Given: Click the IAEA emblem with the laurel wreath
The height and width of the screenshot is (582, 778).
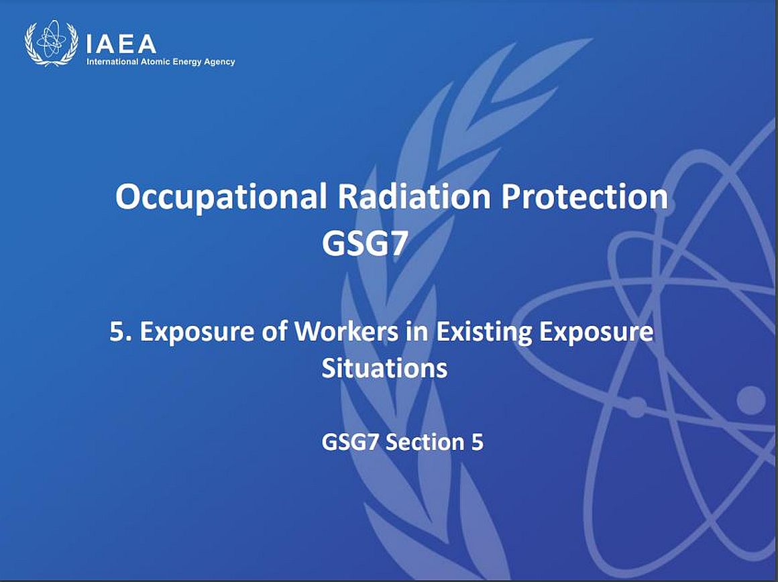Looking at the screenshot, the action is [x=51, y=43].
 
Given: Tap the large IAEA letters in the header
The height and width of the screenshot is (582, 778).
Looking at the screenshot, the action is [x=121, y=44].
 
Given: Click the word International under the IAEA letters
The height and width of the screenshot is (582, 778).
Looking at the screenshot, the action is [x=112, y=62].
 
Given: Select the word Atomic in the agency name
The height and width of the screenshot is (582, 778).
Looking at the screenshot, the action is [x=152, y=62].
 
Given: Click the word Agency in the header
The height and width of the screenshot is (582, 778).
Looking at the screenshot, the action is [x=215, y=62].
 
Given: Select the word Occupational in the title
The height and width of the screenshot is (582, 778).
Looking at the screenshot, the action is [x=221, y=197].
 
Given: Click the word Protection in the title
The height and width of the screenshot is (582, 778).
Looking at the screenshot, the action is [x=584, y=196].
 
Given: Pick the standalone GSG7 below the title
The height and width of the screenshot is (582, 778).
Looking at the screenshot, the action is [x=365, y=243].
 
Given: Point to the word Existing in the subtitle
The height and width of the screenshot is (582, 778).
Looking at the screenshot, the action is [x=484, y=333].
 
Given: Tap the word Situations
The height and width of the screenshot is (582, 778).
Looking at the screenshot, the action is [x=384, y=368].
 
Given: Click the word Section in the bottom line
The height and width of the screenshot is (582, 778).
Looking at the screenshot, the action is [x=425, y=442].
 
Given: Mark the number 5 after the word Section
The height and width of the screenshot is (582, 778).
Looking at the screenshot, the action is [x=477, y=442].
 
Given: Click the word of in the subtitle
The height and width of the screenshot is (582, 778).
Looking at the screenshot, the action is [x=274, y=331].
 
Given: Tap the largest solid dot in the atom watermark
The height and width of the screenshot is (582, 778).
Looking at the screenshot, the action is [x=751, y=399].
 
